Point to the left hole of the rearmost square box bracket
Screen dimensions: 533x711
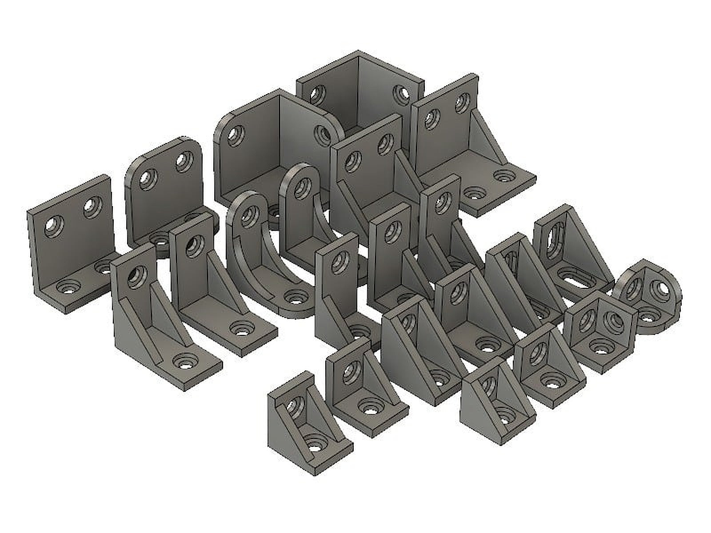[318, 94]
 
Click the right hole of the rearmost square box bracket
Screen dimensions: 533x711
[403, 94]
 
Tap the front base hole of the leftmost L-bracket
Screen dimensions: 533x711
[69, 289]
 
